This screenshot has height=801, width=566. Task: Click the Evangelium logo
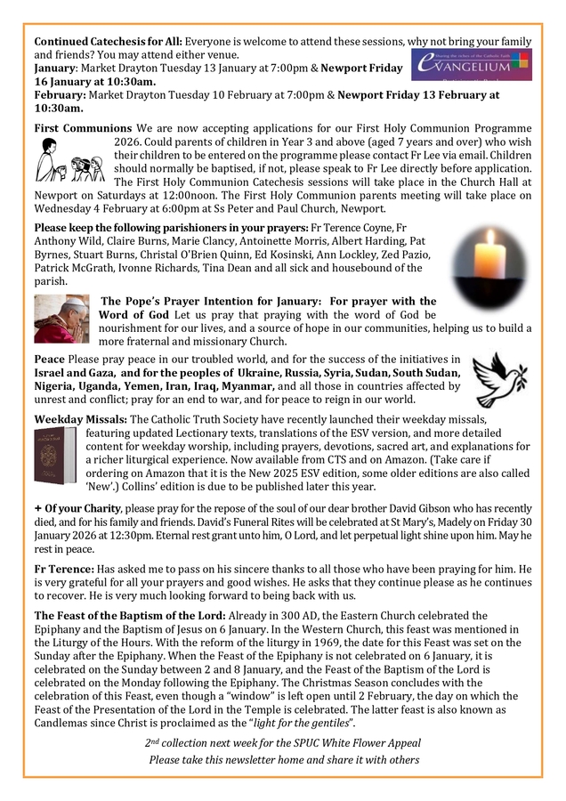[x=472, y=63]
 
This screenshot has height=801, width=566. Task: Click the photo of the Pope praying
[x=61, y=320]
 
